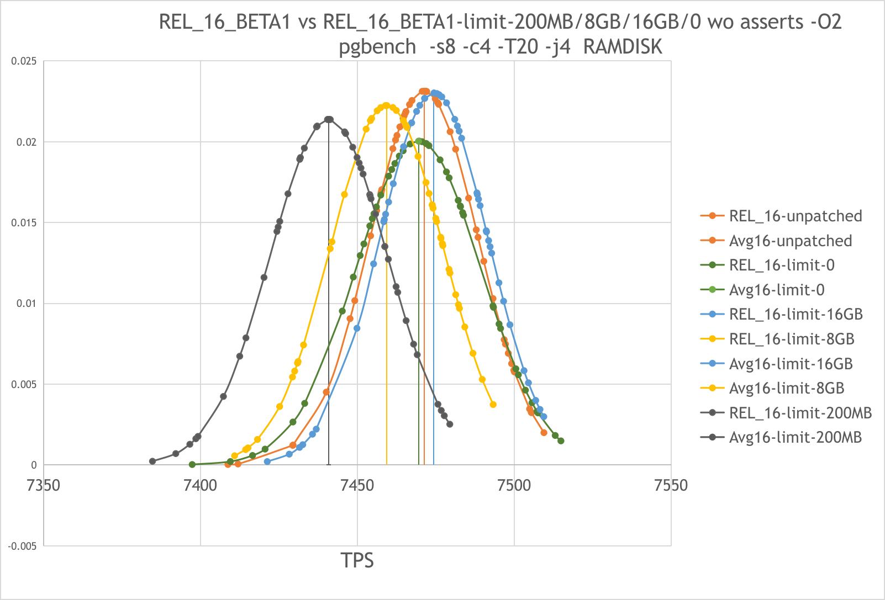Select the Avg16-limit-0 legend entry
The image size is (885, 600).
[x=776, y=290]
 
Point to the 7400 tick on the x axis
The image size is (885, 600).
[x=201, y=486]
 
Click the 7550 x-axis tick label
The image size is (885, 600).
[x=671, y=486]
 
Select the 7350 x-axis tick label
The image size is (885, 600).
[x=44, y=486]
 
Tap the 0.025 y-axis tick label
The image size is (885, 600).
[x=24, y=61]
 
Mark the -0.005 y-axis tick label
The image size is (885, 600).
[x=22, y=546]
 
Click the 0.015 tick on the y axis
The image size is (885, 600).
[x=24, y=222]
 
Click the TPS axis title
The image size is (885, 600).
[x=357, y=560]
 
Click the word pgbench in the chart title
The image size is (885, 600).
[x=377, y=47]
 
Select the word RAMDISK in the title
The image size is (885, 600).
[x=623, y=47]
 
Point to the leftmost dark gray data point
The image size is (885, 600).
[x=152, y=461]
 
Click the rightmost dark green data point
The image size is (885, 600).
[x=561, y=440]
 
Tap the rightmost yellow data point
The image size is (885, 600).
[x=493, y=405]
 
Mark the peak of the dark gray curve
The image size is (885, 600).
[x=329, y=119]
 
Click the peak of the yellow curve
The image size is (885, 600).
[x=386, y=105]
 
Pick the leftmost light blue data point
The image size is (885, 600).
[x=267, y=461]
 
